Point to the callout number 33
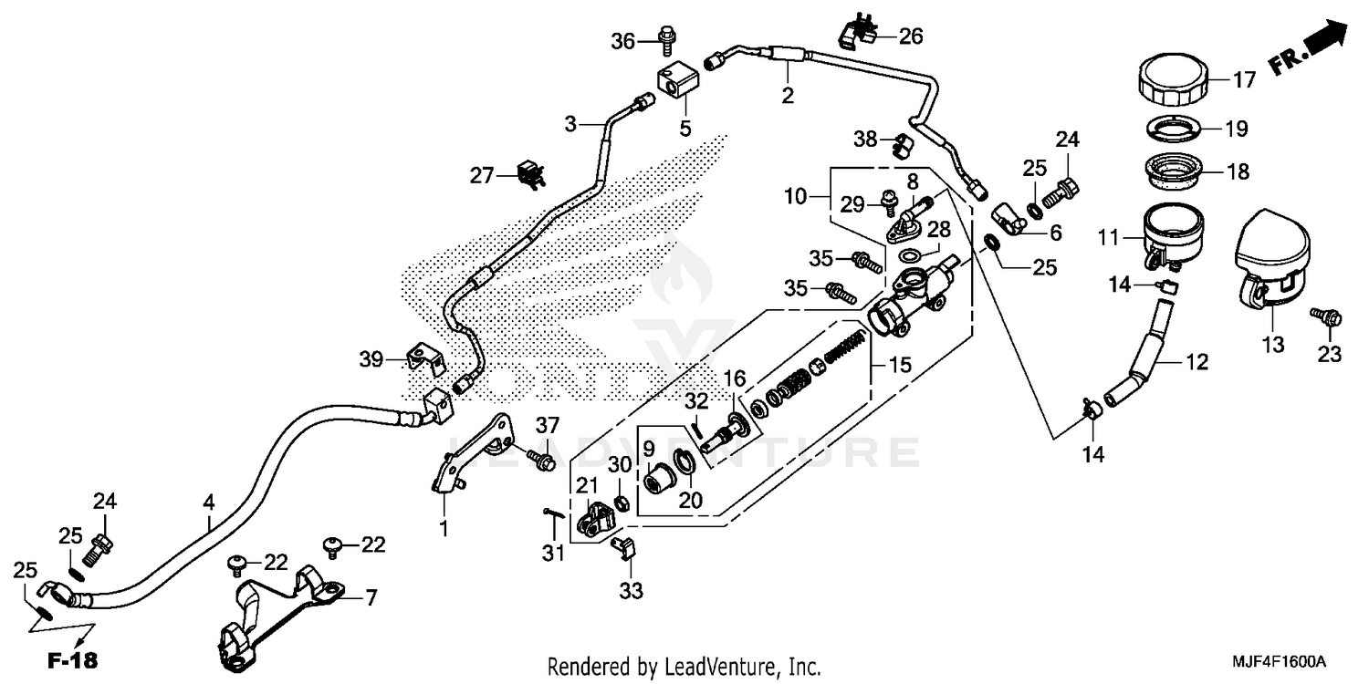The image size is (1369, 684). tap(631, 592)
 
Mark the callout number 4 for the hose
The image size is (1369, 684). tap(209, 502)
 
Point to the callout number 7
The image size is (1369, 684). tap(371, 598)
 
